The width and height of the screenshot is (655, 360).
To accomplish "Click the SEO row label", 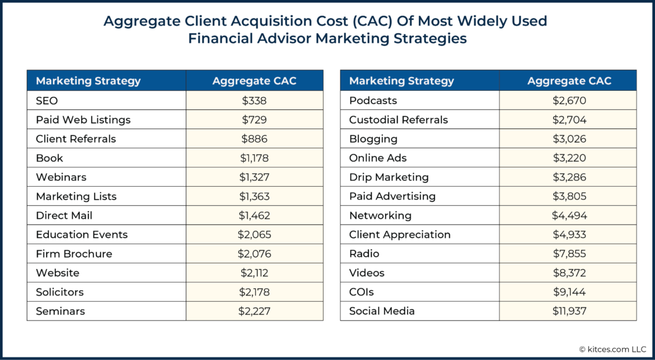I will (x=47, y=100).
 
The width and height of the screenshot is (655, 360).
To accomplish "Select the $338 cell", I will (x=254, y=100).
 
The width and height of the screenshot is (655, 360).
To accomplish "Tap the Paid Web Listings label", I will (x=83, y=120).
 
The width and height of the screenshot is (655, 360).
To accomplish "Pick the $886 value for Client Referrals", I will (x=254, y=139).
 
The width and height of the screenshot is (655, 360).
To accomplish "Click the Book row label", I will (x=49, y=158).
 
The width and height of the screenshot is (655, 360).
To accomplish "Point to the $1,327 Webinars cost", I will (x=254, y=177).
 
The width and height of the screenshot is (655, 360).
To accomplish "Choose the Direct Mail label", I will (x=64, y=215).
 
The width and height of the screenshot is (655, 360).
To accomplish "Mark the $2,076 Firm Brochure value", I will (x=254, y=254).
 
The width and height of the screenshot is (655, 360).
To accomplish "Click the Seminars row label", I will (x=60, y=311).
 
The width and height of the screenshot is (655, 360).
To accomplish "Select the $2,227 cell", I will (x=254, y=311).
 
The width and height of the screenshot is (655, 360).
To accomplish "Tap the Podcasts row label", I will (x=373, y=100).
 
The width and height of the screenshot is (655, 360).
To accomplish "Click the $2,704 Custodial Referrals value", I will (x=569, y=120).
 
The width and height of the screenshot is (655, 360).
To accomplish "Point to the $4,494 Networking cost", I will (x=569, y=215).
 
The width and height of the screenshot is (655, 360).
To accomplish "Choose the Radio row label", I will (x=364, y=254).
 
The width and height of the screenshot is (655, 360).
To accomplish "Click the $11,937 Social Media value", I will (x=569, y=311).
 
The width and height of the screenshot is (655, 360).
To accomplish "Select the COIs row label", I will (x=361, y=292).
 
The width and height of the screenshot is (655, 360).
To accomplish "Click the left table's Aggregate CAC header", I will (x=254, y=81).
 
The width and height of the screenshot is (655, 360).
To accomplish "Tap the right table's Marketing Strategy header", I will (x=402, y=81).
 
